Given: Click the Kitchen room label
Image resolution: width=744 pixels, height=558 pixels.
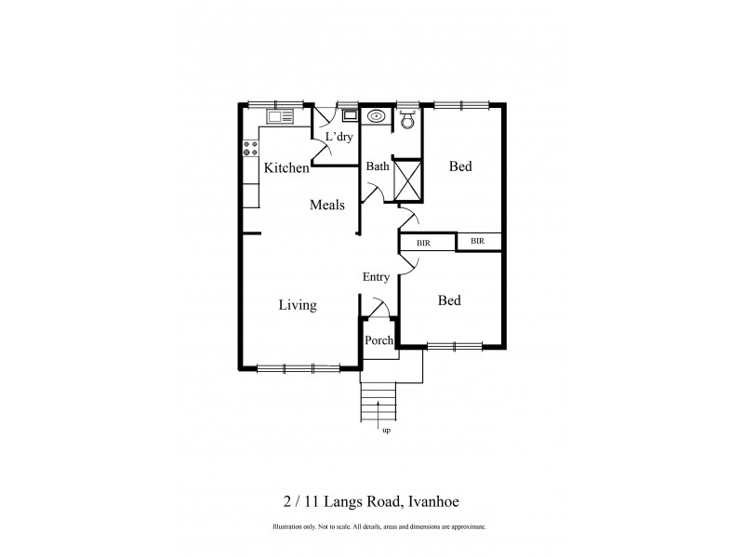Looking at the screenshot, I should click(x=286, y=168).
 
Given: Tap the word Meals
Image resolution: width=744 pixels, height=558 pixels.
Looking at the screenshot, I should click(x=327, y=206).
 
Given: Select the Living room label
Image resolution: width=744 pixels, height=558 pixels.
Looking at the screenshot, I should click(x=298, y=305).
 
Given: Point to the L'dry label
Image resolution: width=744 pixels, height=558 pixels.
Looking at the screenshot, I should click(x=339, y=138).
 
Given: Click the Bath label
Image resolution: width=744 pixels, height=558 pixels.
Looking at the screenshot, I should click(x=377, y=167).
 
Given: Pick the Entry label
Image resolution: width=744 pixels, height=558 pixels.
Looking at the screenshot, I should click(x=376, y=277).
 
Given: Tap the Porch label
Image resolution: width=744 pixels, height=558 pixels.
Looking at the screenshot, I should click(x=379, y=340).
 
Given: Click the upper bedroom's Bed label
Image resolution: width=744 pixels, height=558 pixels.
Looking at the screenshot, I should click(x=460, y=167).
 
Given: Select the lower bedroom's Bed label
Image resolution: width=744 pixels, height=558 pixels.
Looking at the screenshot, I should click(x=449, y=301).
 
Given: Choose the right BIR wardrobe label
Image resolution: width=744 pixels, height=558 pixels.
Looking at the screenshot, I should click(x=478, y=242).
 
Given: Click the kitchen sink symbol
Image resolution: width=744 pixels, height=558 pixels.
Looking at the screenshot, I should click(x=279, y=116).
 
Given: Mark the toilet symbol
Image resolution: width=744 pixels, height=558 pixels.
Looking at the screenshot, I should click(x=406, y=118).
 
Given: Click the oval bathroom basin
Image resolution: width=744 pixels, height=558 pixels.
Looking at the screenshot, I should click(x=377, y=117).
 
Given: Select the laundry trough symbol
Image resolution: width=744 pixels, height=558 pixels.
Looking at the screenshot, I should click(x=349, y=115).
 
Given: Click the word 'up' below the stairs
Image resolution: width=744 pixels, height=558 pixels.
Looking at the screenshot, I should click(x=385, y=431).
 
